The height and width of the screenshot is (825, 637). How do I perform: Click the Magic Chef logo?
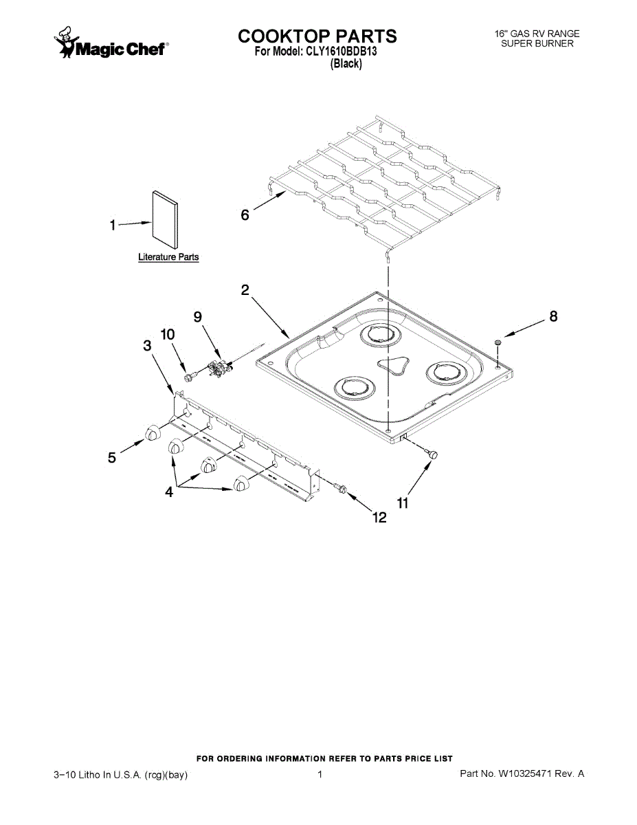click(x=110, y=43)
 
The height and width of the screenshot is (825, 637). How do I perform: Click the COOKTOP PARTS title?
click(x=317, y=36)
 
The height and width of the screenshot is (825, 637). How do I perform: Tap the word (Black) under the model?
click(x=346, y=64)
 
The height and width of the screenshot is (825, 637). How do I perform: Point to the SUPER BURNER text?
click(x=537, y=43)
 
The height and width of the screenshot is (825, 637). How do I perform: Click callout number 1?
click(x=112, y=225)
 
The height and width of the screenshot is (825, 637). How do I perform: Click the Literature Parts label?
click(x=168, y=257)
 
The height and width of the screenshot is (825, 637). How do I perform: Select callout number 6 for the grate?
click(x=245, y=214)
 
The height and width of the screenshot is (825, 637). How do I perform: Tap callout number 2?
click(x=245, y=290)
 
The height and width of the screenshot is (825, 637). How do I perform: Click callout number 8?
click(x=552, y=317)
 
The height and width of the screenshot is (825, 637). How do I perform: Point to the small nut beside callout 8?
click(x=498, y=342)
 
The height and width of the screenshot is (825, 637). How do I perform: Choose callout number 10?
click(x=168, y=334)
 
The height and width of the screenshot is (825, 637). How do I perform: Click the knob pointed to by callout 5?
click(x=153, y=432)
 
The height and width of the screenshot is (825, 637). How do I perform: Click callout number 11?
click(x=403, y=503)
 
